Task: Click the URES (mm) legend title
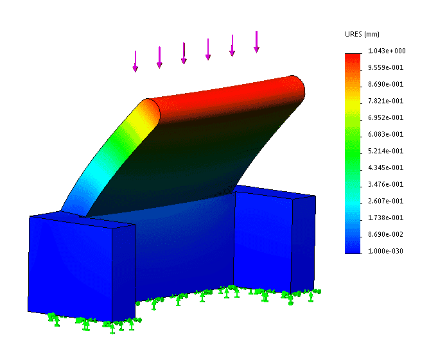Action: (x=362, y=35)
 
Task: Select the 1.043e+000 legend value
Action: (x=387, y=51)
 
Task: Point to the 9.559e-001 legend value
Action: (x=385, y=67)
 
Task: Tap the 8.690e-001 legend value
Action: (x=385, y=84)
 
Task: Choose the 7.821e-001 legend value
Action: (x=385, y=101)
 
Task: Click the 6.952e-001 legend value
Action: (x=385, y=117)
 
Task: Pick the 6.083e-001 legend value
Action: (x=385, y=134)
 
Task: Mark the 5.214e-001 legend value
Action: (x=385, y=151)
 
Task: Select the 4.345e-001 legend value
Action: (x=385, y=167)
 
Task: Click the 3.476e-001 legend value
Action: (x=385, y=184)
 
